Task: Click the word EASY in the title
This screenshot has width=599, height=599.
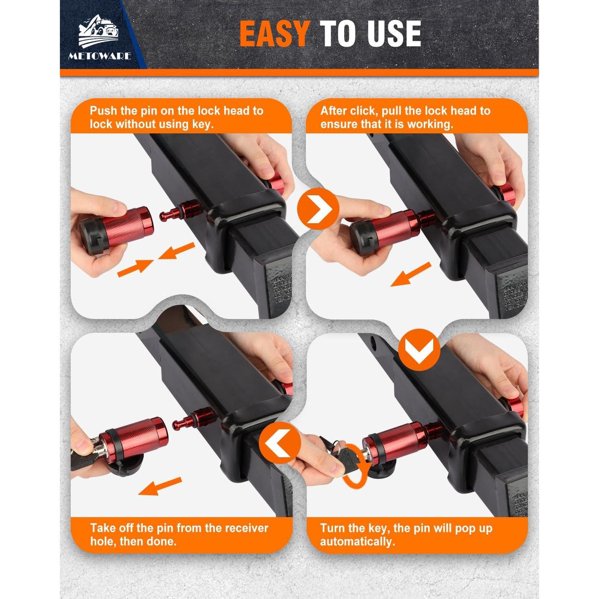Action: click(x=274, y=34)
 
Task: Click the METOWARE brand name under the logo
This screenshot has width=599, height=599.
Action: click(x=99, y=56)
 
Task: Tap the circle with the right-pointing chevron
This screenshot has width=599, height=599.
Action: click(x=318, y=208)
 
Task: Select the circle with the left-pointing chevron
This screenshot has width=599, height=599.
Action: click(x=280, y=442)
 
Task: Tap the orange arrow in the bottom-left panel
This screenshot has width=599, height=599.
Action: click(x=160, y=486)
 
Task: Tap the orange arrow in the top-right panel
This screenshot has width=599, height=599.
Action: click(x=411, y=274)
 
